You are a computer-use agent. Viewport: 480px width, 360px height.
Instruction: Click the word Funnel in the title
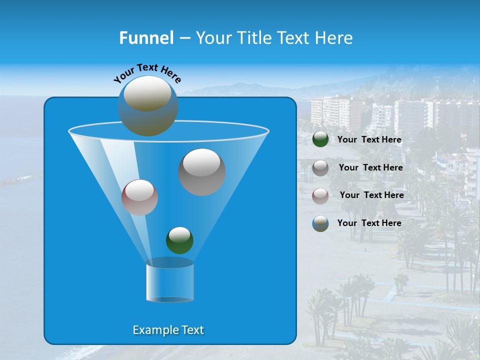click(146, 38)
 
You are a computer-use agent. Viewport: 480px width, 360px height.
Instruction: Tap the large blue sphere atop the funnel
click(148, 106)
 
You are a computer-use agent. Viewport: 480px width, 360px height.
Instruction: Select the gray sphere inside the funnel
click(202, 172)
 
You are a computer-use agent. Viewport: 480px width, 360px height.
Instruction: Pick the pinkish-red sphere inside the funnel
click(139, 197)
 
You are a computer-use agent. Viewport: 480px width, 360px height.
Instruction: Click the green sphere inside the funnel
click(179, 240)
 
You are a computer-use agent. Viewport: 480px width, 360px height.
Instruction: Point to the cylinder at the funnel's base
click(169, 281)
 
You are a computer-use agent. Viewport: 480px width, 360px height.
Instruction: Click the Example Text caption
click(168, 330)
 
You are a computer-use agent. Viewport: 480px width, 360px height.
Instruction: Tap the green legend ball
click(320, 139)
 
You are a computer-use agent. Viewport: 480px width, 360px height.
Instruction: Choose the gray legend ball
click(320, 168)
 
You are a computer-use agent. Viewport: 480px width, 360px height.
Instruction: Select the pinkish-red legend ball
click(320, 195)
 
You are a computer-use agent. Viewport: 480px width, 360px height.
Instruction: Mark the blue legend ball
click(320, 223)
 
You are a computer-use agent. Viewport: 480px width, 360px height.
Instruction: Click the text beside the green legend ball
click(369, 140)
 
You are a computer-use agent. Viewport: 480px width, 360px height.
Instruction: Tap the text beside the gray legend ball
click(370, 167)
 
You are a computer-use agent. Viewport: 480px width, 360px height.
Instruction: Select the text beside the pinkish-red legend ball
click(371, 195)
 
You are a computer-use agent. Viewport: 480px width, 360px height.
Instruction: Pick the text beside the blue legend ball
click(369, 223)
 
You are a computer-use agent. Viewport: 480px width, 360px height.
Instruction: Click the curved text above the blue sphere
click(147, 73)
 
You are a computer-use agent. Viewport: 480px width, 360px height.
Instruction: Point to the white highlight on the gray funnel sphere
click(202, 162)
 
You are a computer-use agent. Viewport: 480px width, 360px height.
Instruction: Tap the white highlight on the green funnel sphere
click(179, 234)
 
